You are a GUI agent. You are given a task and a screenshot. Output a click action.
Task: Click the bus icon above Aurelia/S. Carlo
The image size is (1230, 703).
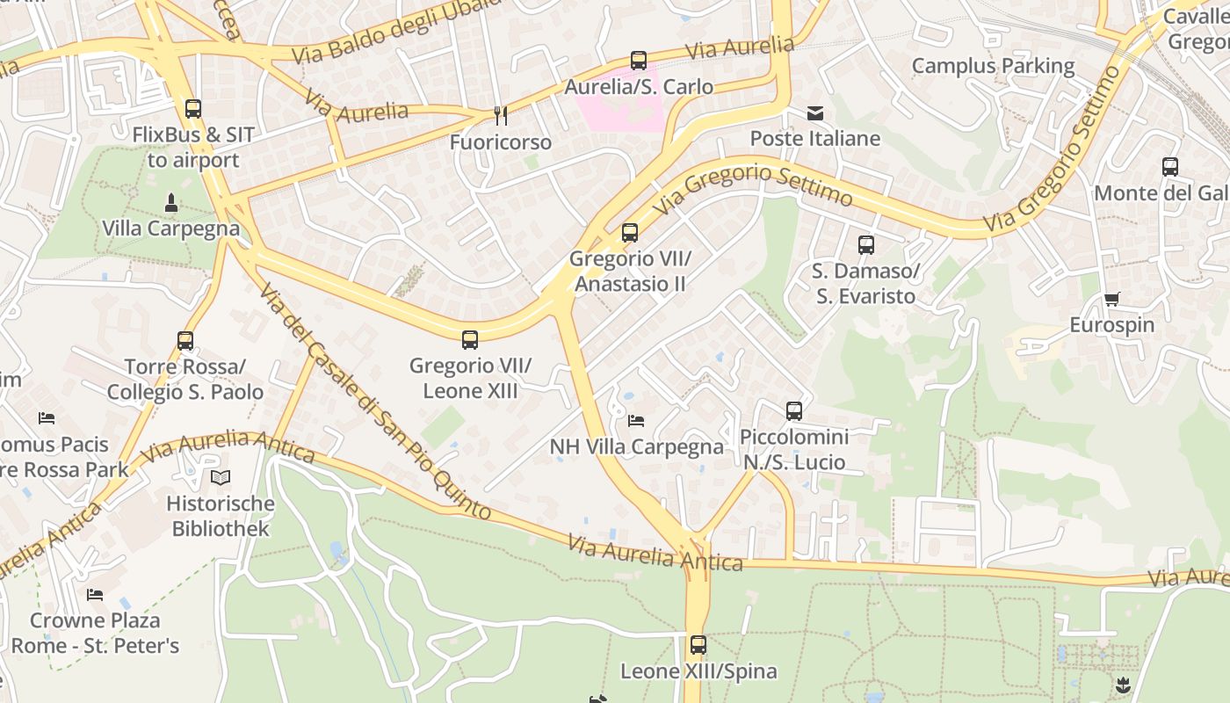tap(639, 61)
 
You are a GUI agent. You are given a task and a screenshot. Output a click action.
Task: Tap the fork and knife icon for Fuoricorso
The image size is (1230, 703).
tap(500, 115)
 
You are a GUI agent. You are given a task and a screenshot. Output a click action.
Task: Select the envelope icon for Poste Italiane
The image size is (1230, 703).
tap(815, 112)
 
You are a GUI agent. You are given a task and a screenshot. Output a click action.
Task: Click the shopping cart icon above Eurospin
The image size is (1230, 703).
tap(1111, 299)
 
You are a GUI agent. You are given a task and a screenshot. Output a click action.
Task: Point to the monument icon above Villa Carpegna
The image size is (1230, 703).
tap(171, 204)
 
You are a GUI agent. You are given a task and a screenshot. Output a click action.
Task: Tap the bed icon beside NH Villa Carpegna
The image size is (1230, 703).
tap(636, 421)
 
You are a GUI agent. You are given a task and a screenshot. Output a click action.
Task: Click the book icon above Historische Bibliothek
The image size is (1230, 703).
tap(221, 478)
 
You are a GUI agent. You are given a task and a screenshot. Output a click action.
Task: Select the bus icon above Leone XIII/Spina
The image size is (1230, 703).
tap(698, 645)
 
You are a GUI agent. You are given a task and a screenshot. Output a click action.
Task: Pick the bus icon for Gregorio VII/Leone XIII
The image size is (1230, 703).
tap(470, 340)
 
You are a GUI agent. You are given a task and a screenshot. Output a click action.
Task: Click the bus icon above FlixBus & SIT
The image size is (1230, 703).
tap(193, 109)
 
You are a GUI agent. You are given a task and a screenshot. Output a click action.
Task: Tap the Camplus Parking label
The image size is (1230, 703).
tap(993, 66)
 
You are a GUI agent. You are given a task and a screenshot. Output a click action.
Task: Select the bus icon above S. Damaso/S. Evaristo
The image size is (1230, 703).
tap(866, 245)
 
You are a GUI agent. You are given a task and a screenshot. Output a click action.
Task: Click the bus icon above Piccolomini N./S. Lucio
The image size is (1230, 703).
tap(794, 410)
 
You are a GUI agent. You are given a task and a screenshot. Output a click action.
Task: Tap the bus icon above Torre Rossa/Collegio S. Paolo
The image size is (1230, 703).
tap(185, 340)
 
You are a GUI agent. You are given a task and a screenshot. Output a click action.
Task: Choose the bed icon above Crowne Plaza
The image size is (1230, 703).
tap(95, 595)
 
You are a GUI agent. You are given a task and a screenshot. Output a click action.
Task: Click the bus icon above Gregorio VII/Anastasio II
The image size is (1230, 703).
tap(630, 233)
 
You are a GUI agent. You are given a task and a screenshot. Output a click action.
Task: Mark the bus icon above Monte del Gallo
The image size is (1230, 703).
tap(1169, 167)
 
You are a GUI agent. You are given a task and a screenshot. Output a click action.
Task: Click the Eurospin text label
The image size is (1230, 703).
tap(1111, 325)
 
